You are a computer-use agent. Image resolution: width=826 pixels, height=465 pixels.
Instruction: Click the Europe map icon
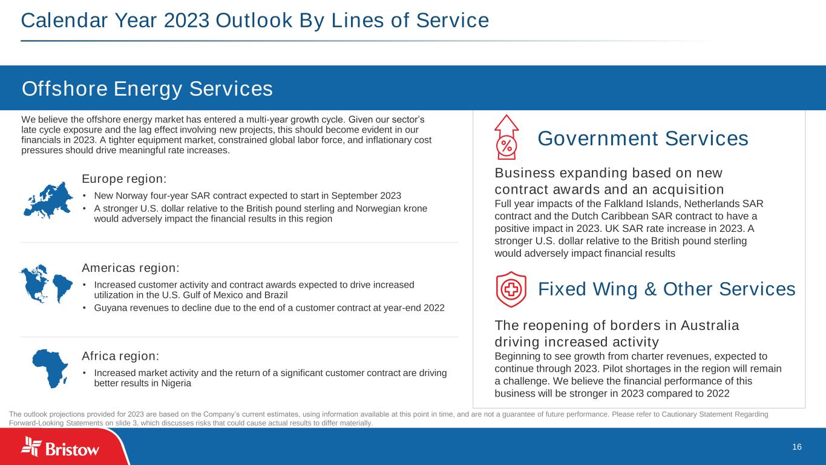48,200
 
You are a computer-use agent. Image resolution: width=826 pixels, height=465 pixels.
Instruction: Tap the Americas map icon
47,284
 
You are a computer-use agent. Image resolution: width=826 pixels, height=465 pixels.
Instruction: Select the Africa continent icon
50,369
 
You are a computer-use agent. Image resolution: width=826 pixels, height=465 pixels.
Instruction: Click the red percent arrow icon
506,137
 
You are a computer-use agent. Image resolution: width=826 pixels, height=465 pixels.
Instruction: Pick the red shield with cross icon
511,289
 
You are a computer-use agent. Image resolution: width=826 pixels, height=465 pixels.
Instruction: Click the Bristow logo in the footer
60,447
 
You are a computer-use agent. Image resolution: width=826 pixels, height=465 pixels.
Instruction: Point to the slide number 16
797,447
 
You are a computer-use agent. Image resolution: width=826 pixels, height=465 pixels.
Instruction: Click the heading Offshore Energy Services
147,88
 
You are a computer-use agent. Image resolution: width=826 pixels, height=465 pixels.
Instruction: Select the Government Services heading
643,139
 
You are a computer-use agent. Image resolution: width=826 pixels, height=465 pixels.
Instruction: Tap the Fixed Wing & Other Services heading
667,289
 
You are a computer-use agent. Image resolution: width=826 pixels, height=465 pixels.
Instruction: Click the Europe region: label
124,179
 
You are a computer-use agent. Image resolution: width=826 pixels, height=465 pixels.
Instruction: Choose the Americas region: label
131,268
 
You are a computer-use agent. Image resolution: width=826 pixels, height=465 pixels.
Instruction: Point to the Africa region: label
120,356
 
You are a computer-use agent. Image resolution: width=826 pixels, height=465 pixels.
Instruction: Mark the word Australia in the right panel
710,326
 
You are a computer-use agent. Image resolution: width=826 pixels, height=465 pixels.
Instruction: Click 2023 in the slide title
186,20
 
